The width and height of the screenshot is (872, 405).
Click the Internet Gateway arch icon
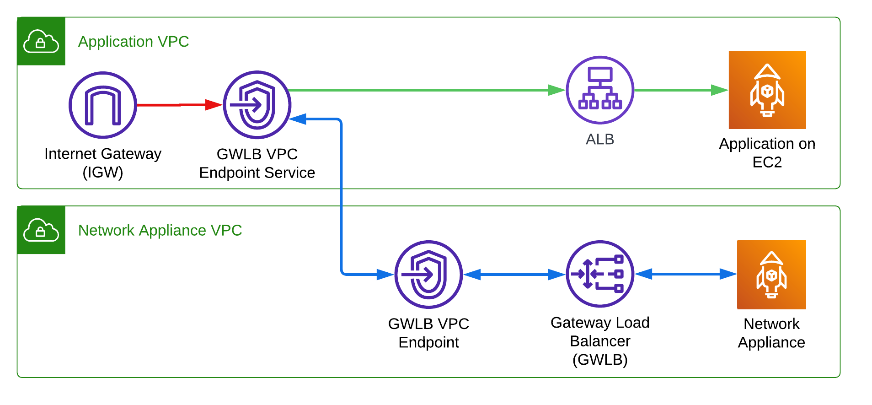click(103, 105)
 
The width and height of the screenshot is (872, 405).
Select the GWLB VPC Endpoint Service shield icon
click(257, 105)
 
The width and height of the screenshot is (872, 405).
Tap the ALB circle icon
click(600, 90)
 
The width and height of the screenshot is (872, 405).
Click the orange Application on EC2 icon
click(767, 90)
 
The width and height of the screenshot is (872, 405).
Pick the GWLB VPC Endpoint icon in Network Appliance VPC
click(428, 275)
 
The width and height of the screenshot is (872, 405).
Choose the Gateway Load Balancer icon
click(600, 274)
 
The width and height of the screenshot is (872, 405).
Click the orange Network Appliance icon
click(771, 275)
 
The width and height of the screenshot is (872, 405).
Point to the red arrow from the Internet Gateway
click(178, 105)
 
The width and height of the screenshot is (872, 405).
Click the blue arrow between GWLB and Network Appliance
click(685, 274)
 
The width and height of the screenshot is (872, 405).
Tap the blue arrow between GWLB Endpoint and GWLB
click(514, 275)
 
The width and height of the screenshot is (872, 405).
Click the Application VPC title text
click(134, 42)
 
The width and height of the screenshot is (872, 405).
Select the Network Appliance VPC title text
click(160, 230)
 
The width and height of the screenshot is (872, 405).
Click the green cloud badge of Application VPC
click(41, 42)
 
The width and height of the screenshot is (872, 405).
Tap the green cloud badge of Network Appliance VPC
click(41, 230)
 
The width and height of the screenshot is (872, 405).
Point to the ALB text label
click(600, 139)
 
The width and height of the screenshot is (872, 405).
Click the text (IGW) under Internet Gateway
click(103, 173)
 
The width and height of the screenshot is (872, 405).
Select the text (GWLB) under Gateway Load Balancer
click(600, 360)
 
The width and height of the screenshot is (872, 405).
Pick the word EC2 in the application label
click(767, 162)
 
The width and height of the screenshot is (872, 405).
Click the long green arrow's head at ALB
click(557, 90)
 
